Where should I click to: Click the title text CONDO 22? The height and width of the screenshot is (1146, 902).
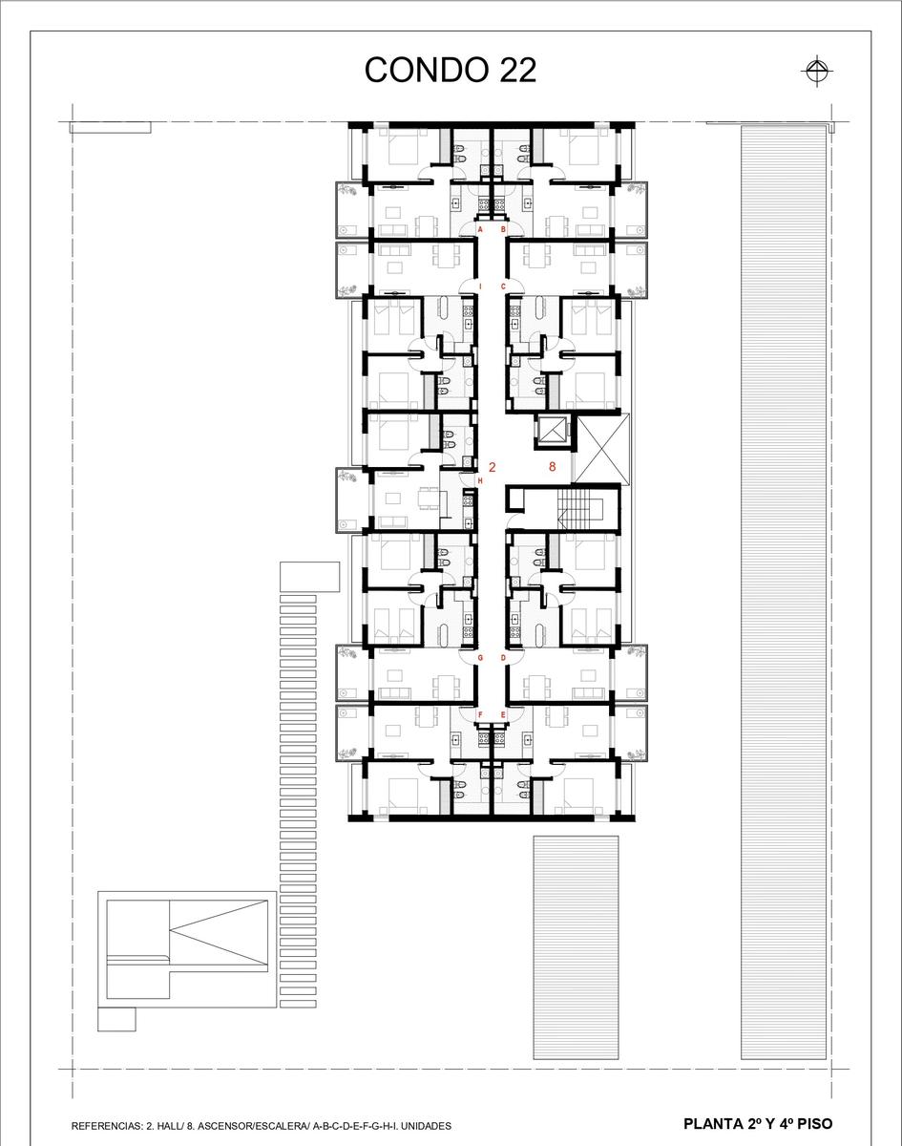[x=450, y=70]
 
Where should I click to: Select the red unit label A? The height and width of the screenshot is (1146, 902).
[x=480, y=229]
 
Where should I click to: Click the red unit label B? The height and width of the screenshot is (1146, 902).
[x=503, y=229]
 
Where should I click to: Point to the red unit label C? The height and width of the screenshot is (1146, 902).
[x=503, y=286]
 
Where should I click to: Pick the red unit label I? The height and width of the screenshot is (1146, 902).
[x=480, y=286]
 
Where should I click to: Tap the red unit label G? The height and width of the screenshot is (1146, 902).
[x=480, y=658]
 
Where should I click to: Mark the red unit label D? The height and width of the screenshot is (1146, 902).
[x=503, y=658]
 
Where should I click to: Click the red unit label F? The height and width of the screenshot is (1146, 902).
[x=480, y=714]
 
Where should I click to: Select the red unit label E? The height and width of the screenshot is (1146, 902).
[x=503, y=714]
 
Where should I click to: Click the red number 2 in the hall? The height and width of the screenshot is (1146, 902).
[x=492, y=467]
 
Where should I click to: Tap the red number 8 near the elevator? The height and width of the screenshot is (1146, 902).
[x=552, y=466]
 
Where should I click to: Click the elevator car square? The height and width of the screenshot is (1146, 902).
[x=554, y=431]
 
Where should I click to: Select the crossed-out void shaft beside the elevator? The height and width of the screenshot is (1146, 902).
[x=602, y=449]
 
